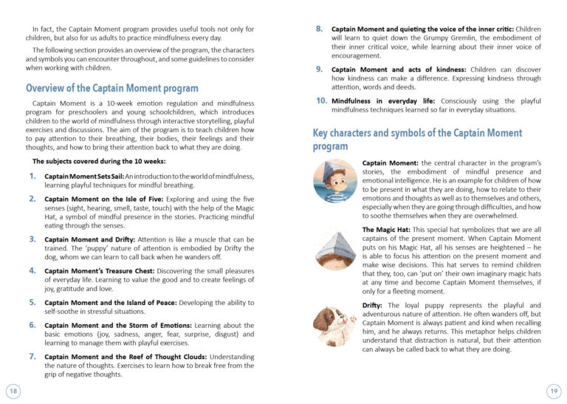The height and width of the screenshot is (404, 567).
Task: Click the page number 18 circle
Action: (13, 389)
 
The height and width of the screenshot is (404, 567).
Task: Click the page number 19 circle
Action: (554, 389)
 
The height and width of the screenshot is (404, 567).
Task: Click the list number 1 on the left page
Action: (32, 176)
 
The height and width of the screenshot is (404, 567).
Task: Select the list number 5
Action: (32, 302)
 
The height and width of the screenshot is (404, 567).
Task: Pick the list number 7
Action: (32, 356)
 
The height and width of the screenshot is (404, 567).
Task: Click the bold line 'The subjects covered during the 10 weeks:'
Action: (99, 160)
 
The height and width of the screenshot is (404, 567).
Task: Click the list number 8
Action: (319, 28)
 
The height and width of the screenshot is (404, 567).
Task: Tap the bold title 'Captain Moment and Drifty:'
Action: (86, 239)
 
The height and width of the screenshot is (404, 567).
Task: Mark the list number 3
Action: (32, 239)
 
